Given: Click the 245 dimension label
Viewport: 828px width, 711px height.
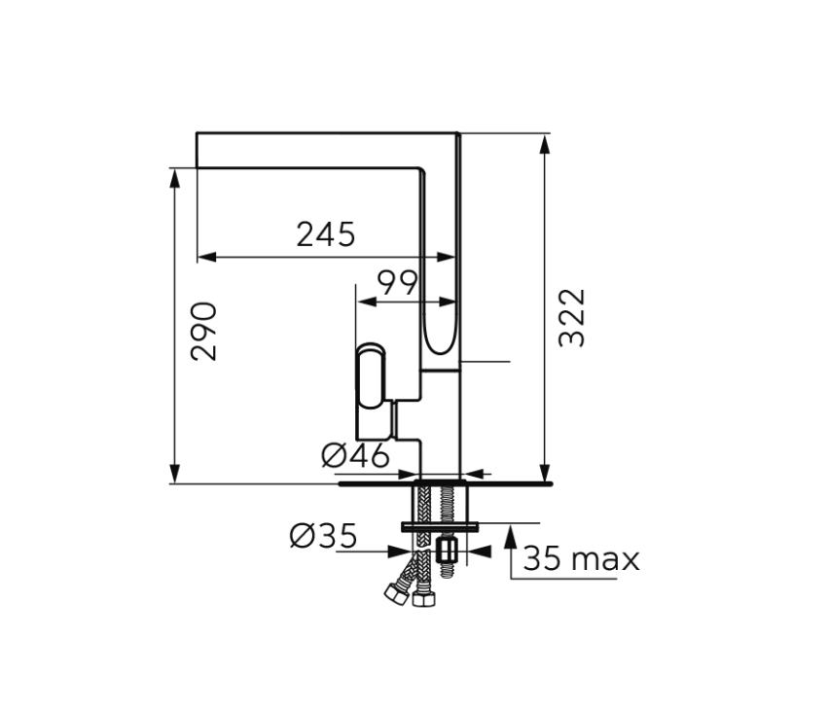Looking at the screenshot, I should pyautogui.click(x=326, y=234).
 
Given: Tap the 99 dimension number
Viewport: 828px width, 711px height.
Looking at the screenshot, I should pyautogui.click(x=397, y=283).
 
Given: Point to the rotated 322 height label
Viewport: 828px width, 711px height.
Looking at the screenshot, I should pyautogui.click(x=573, y=317).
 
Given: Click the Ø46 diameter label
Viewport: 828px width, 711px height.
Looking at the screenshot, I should pyautogui.click(x=355, y=454).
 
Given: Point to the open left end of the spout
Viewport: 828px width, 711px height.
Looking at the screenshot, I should pyautogui.click(x=198, y=150).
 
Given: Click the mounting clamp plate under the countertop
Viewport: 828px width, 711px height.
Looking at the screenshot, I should pyautogui.click(x=440, y=526).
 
